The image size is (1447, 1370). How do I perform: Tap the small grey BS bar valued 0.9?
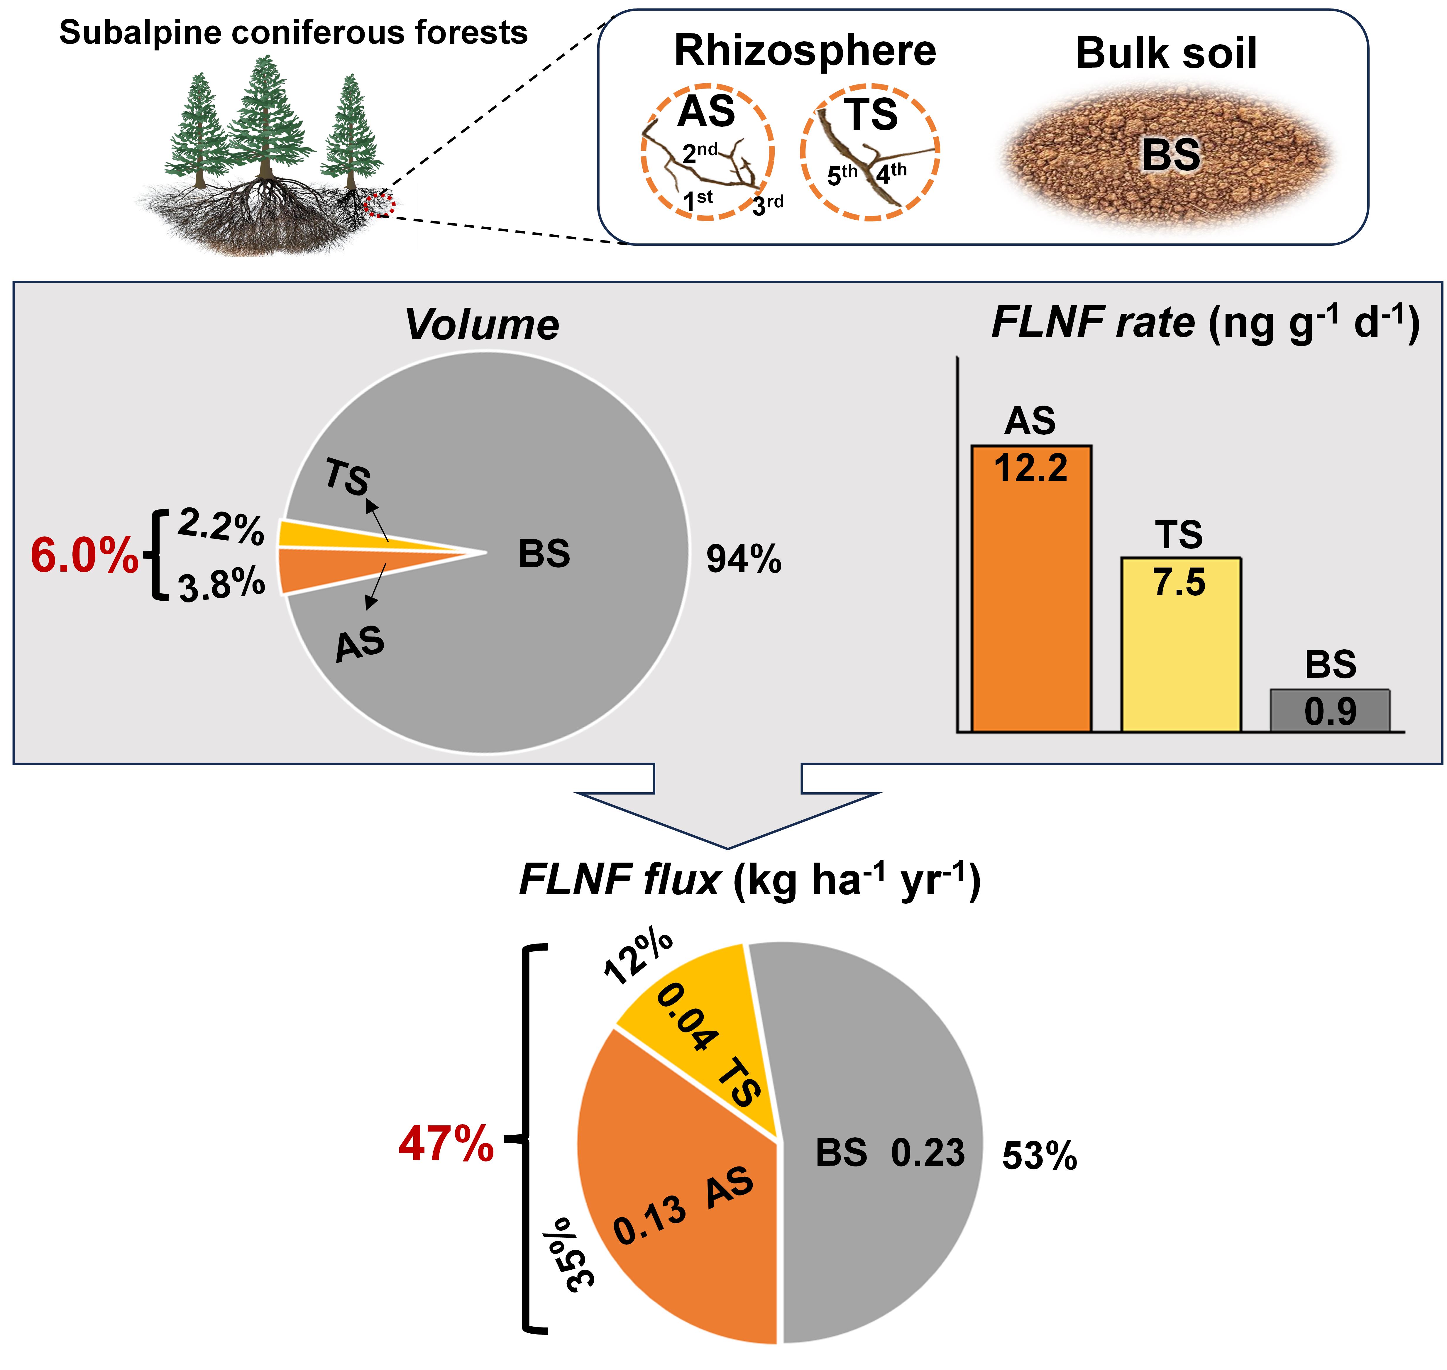[x=1330, y=710]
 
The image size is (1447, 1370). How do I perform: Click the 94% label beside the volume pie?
[x=744, y=560]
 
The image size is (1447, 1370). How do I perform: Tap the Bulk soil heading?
[x=1167, y=53]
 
